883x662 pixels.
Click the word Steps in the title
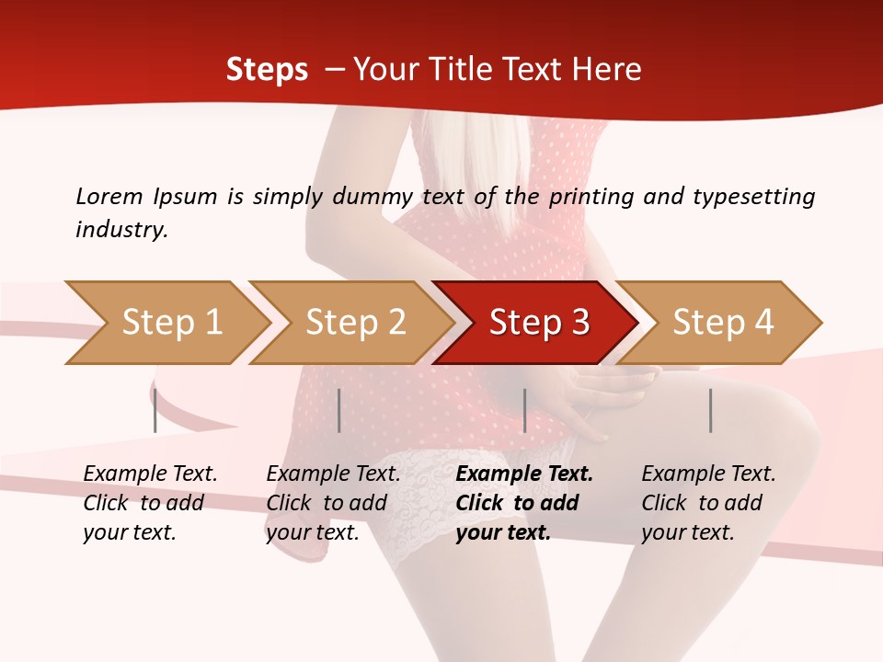pos(267,70)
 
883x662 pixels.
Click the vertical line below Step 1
pos(155,410)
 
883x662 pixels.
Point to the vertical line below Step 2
pos(339,410)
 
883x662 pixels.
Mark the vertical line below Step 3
pos(524,410)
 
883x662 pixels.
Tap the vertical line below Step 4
pos(710,410)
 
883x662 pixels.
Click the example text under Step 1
pos(150,503)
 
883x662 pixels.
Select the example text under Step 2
pos(333,503)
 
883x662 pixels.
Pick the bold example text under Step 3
pos(524,503)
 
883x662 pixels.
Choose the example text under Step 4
pos(708,503)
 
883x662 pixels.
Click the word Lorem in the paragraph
pos(108,196)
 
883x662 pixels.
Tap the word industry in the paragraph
pos(121,229)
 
